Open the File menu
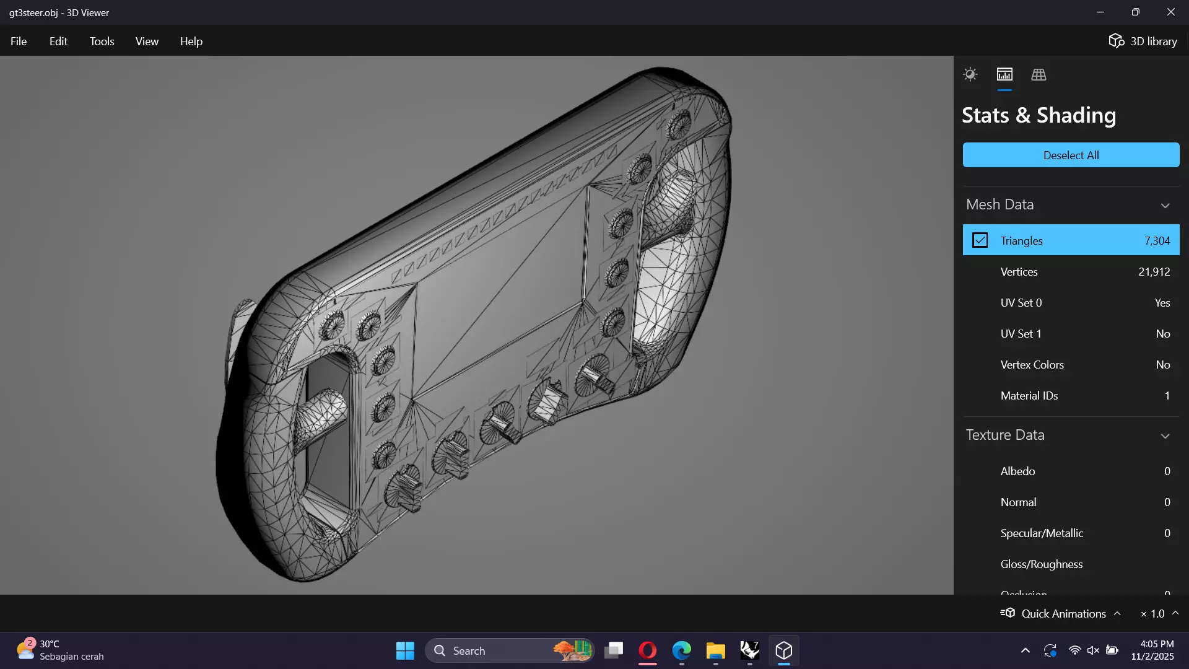(x=19, y=42)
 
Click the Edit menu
(x=58, y=42)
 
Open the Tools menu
(x=102, y=42)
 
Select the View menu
(x=147, y=42)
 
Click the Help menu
(x=191, y=42)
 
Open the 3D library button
(x=1143, y=42)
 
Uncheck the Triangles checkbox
(x=980, y=240)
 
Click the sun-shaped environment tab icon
(x=970, y=75)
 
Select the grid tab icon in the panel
(x=1039, y=75)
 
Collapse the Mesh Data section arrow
(x=1165, y=206)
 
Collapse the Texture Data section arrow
(x=1165, y=436)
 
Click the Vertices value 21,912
(x=1154, y=272)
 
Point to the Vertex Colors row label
(x=1032, y=365)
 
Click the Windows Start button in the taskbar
(x=405, y=650)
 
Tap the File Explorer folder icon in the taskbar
(x=715, y=650)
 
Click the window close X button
(x=1170, y=12)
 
